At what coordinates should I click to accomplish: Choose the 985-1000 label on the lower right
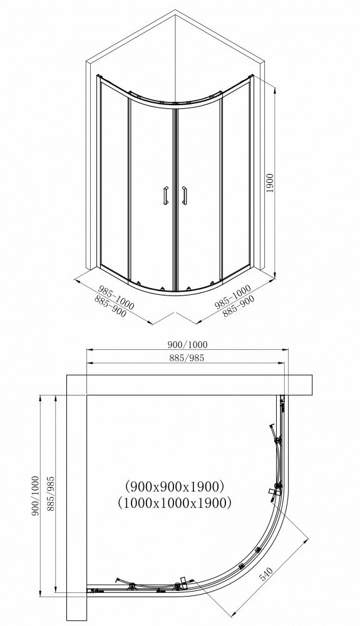coord(232,295)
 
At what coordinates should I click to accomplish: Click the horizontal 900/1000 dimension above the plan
coord(187,344)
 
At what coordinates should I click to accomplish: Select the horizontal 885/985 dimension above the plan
coord(187,358)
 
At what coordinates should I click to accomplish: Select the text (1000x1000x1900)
coord(174,502)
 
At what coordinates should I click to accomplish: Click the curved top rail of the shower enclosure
coord(175,100)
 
